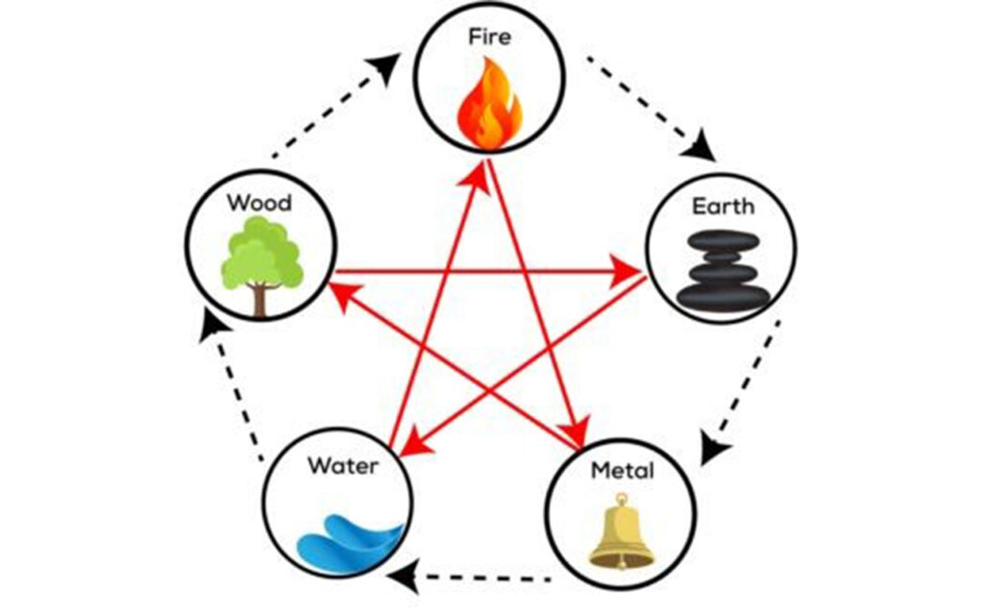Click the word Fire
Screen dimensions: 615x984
[x=490, y=38]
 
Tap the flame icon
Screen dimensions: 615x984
[x=489, y=103]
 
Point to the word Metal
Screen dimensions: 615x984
[x=622, y=471]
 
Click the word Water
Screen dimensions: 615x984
[x=339, y=467]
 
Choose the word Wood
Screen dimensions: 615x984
[x=259, y=204]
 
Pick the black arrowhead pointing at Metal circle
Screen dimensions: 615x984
[x=712, y=447]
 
